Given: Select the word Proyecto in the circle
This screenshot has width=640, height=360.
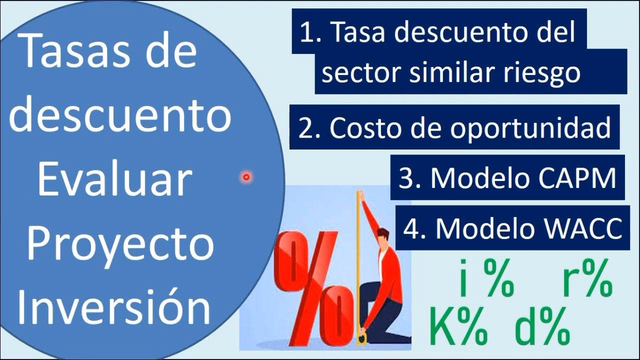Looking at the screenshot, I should pos(120,245).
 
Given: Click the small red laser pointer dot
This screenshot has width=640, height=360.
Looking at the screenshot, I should pos(246,176).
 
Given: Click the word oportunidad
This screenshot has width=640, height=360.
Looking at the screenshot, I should pos(530,128).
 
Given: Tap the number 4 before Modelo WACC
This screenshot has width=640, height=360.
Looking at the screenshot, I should pos(411,229).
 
